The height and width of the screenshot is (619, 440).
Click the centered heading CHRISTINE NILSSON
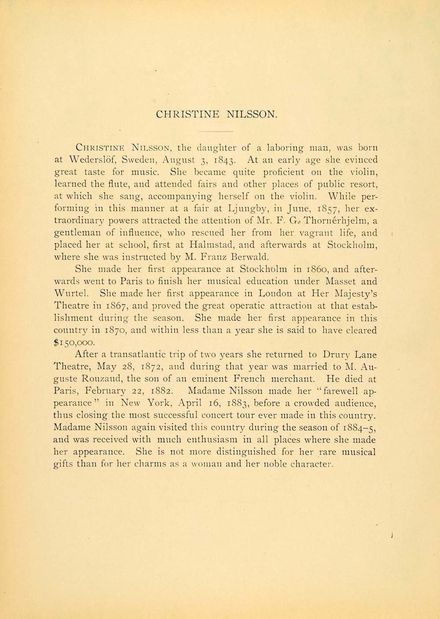click(217, 114)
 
